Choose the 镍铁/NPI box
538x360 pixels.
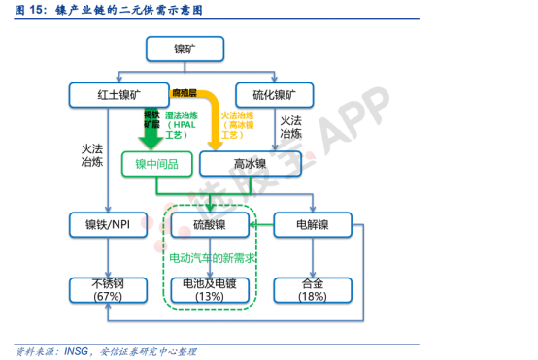tap(107, 226)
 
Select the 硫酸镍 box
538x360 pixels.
tap(210, 226)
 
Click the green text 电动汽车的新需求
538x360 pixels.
tap(210, 259)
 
